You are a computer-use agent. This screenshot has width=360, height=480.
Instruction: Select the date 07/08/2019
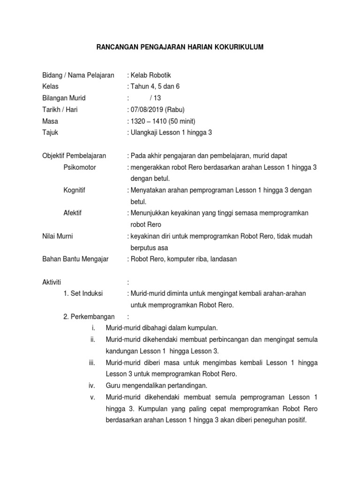click(x=146, y=110)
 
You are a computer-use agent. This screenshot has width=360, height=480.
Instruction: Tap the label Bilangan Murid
click(x=64, y=98)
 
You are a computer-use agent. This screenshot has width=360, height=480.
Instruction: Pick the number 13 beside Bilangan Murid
click(x=157, y=98)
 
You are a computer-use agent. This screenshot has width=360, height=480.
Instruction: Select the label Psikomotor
click(x=80, y=167)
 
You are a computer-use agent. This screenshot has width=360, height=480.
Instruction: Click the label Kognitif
click(x=75, y=190)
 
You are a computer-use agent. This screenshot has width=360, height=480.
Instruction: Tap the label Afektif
click(x=73, y=213)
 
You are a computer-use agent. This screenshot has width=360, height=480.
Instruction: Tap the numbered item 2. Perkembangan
click(x=89, y=316)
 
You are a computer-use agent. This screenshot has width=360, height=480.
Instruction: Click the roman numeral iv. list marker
click(x=92, y=386)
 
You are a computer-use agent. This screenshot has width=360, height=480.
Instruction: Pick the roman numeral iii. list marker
click(x=92, y=363)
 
